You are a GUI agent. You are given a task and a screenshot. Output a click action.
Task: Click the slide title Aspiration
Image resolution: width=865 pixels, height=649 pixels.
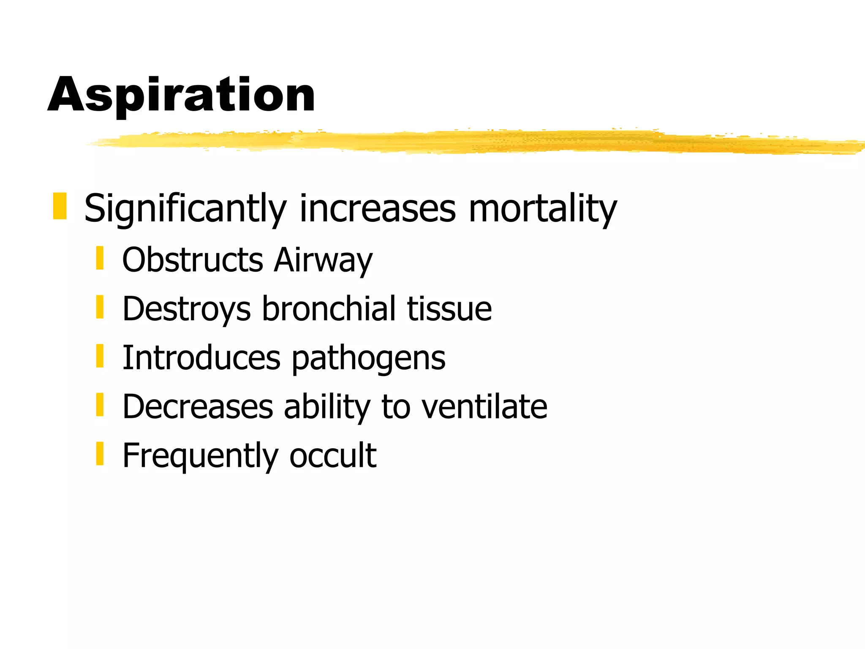(x=182, y=95)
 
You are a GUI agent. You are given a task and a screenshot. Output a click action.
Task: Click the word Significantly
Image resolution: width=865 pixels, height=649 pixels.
(x=185, y=208)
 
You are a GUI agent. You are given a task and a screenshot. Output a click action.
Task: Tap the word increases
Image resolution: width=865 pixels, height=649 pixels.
(x=378, y=208)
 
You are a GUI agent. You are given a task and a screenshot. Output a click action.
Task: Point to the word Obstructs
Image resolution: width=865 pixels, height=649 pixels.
(x=193, y=259)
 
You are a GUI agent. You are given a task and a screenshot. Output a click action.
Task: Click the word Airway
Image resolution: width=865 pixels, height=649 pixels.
(x=323, y=259)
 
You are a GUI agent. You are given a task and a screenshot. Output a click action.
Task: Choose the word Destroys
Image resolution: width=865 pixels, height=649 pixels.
(x=187, y=309)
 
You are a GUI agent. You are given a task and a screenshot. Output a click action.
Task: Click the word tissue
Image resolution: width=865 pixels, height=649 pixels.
(x=449, y=309)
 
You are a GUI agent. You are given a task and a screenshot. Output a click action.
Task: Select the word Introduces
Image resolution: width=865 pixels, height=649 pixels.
(x=201, y=358)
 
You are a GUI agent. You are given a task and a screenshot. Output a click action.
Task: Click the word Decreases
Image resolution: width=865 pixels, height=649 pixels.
(x=198, y=406)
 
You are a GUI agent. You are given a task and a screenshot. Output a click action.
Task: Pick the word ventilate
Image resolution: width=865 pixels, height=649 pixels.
(x=484, y=406)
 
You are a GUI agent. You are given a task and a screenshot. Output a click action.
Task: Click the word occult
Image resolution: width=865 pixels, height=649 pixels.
(x=333, y=455)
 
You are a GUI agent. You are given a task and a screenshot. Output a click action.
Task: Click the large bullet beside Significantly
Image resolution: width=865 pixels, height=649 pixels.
(x=60, y=206)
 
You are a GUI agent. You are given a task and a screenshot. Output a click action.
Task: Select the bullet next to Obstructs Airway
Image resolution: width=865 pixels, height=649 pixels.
(x=100, y=258)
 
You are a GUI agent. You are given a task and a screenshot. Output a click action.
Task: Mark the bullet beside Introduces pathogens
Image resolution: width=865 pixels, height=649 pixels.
(x=100, y=356)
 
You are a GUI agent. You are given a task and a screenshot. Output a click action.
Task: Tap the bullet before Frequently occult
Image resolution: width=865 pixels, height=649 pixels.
(x=100, y=454)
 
